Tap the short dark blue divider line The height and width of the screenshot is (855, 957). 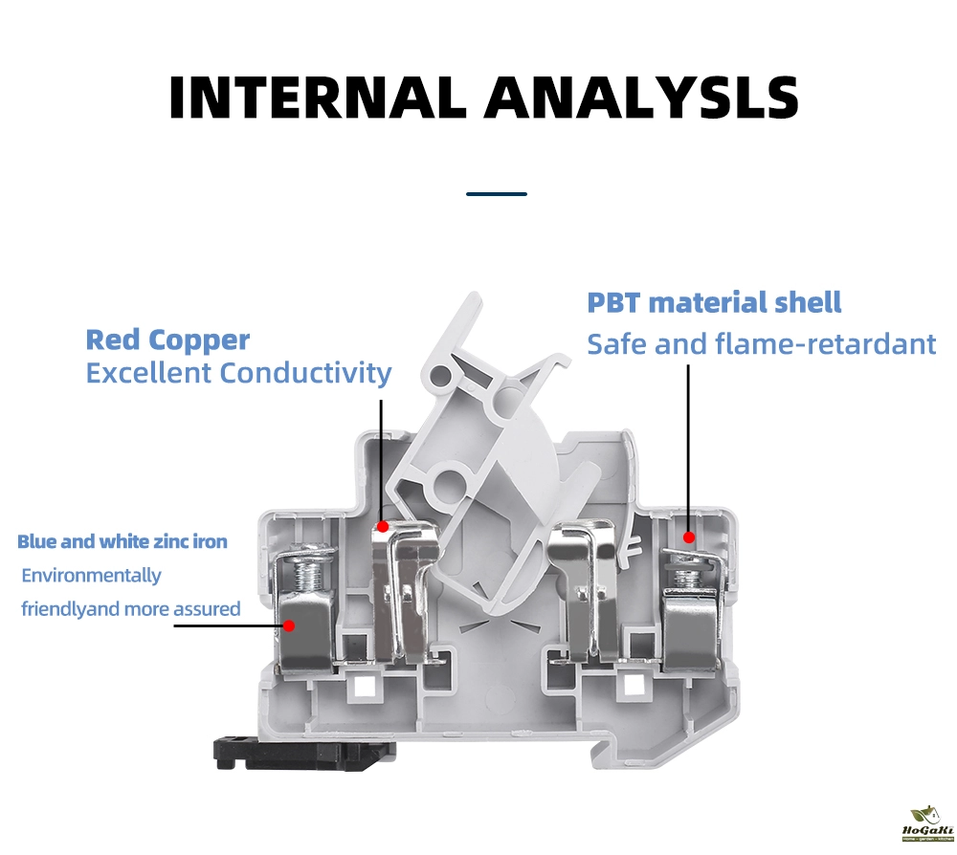point(497,194)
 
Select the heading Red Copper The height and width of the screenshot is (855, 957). point(167,340)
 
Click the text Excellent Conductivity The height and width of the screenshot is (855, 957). point(238,373)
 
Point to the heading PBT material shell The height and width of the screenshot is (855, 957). point(714,303)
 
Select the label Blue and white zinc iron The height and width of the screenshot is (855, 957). point(122,542)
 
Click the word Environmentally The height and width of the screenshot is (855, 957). point(91,576)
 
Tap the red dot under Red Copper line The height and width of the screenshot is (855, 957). point(382,526)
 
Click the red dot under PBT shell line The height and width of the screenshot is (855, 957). point(688,539)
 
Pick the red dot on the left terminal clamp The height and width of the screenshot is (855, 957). point(288,626)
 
